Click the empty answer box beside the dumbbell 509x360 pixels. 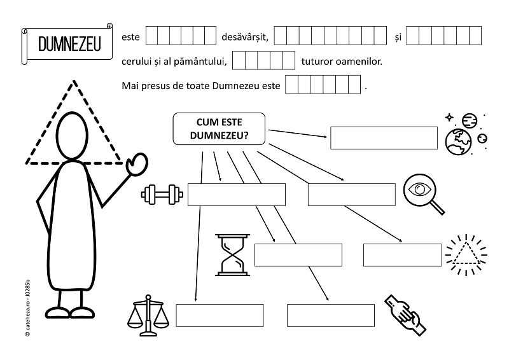(x=236, y=194)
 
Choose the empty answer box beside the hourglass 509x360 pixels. (x=298, y=254)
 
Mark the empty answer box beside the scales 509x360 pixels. (x=220, y=315)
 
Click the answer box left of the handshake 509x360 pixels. (x=330, y=315)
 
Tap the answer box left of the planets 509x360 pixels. (x=384, y=137)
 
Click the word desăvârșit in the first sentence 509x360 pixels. (x=245, y=38)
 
